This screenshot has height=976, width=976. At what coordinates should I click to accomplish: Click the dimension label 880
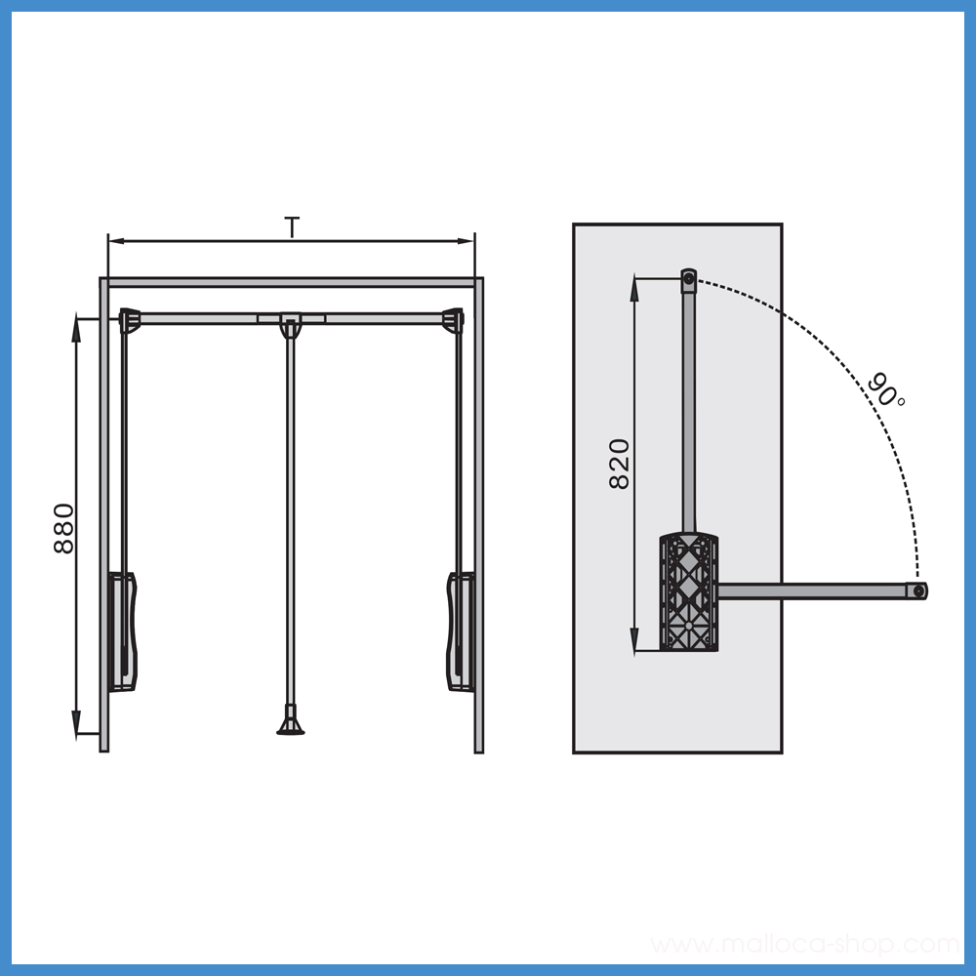pos(63,528)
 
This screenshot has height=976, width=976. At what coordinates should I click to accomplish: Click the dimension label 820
pos(620,464)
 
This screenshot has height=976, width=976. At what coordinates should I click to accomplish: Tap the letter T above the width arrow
pos(292,227)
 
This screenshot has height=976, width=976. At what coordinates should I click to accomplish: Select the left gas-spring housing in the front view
pos(123,631)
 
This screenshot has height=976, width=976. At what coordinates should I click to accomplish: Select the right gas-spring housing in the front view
pos(461,631)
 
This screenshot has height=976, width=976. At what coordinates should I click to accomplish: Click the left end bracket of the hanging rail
pos(130,320)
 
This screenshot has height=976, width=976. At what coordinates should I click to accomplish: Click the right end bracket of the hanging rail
pos(453,320)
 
